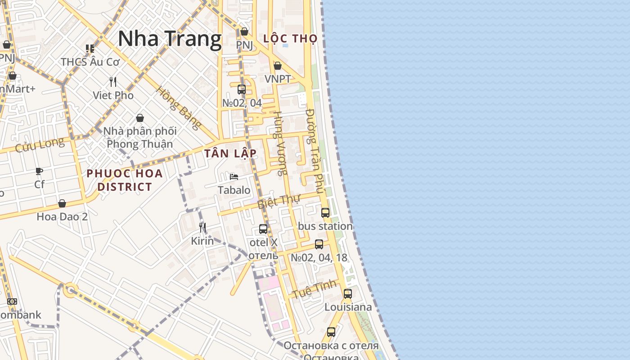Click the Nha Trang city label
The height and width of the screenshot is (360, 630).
tap(170, 39)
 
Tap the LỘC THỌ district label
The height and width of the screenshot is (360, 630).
tap(290, 39)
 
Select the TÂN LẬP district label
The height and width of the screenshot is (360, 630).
tap(230, 153)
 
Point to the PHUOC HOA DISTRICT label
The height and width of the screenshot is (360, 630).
tap(125, 180)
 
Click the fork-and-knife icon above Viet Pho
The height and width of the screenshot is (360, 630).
tap(113, 82)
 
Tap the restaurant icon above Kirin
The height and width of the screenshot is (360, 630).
tap(202, 228)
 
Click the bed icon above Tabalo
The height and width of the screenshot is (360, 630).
tap(234, 177)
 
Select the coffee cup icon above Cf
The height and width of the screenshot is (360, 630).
tap(39, 171)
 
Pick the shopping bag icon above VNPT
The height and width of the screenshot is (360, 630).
tap(278, 66)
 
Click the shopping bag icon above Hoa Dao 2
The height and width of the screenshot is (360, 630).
tap(62, 203)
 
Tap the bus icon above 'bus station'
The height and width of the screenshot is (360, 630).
tap(325, 213)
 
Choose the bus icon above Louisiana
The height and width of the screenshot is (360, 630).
tap(348, 294)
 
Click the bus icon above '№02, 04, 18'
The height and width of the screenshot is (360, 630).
tap(319, 244)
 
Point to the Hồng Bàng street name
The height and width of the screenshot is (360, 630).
tap(178, 108)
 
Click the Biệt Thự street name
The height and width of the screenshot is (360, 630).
tap(279, 201)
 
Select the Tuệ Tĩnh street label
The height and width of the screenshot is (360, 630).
tap(314, 289)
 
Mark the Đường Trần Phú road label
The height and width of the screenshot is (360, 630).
tap(315, 151)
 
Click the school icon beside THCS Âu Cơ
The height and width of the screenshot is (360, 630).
tap(90, 49)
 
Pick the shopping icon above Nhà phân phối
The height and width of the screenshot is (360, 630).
tap(140, 118)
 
